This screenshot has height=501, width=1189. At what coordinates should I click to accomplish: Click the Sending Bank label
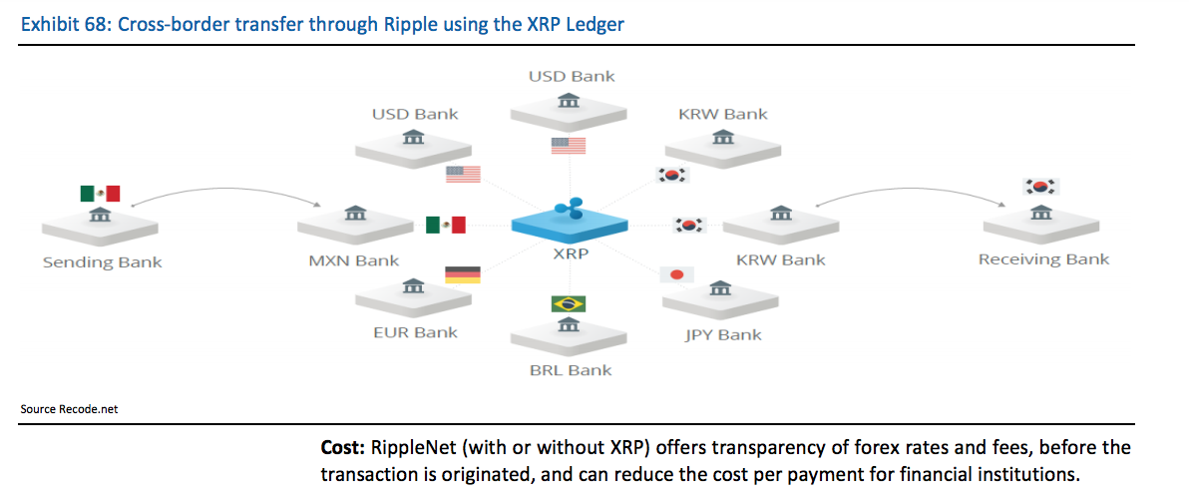[102, 263]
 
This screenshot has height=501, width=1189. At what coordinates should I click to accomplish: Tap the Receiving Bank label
[1043, 259]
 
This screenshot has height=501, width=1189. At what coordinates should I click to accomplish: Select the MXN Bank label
[353, 261]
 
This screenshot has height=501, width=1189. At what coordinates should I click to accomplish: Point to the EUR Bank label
[416, 332]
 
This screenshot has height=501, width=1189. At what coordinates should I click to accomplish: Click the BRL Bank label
[571, 370]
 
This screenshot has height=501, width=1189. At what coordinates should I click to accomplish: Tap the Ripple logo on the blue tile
[569, 209]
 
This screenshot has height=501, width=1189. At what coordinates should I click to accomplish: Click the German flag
[463, 274]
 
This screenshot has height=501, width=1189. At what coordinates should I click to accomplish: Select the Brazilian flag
[568, 304]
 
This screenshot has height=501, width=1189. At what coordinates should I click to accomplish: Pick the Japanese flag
[677, 275]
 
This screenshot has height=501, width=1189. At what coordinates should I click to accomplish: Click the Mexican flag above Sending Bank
[100, 193]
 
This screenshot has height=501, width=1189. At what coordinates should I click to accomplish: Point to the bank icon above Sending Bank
[100, 216]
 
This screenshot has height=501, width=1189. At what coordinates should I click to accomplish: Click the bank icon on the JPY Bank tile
[719, 288]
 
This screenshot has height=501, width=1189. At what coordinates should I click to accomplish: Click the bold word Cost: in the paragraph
[343, 448]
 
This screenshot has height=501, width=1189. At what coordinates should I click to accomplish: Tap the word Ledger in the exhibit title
[595, 24]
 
